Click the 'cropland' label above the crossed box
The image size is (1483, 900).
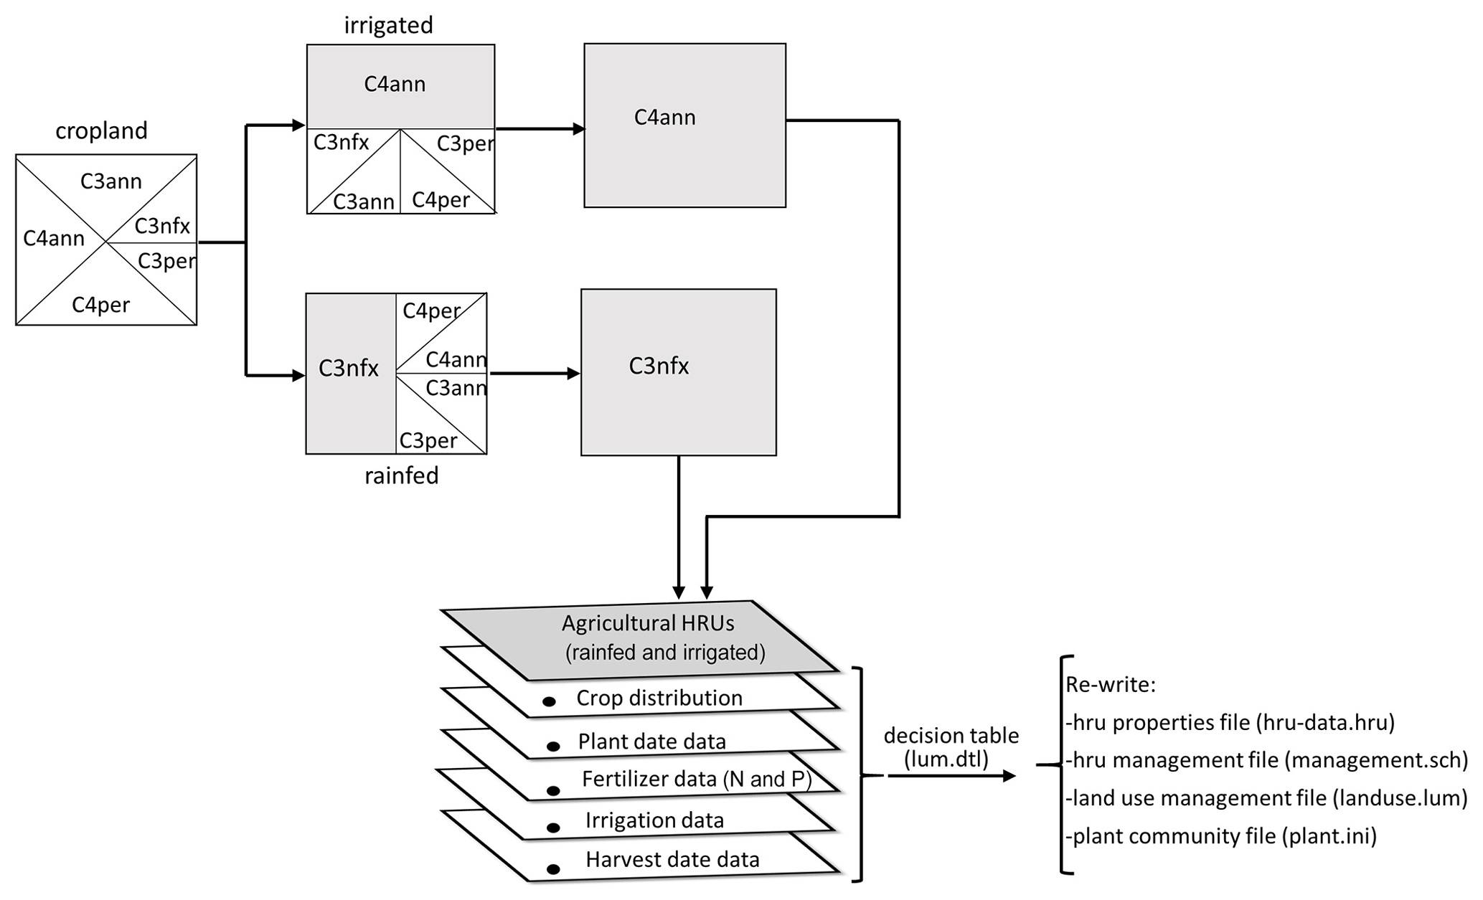tap(101, 131)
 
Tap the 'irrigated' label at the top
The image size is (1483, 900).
tap(388, 25)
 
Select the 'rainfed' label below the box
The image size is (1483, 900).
tap(401, 475)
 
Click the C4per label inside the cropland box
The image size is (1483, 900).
tap(100, 305)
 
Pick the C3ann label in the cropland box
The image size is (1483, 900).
tap(110, 181)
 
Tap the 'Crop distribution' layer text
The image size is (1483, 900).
tap(659, 698)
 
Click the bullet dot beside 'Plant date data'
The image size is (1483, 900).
tap(553, 747)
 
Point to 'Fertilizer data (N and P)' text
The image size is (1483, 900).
tap(697, 779)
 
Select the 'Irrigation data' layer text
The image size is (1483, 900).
tap(654, 820)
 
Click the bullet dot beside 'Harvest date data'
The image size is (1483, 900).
tap(553, 869)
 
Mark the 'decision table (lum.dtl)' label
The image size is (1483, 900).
tap(951, 747)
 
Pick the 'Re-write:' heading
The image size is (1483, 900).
tap(1110, 685)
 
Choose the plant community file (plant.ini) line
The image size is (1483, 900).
tap(1220, 836)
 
